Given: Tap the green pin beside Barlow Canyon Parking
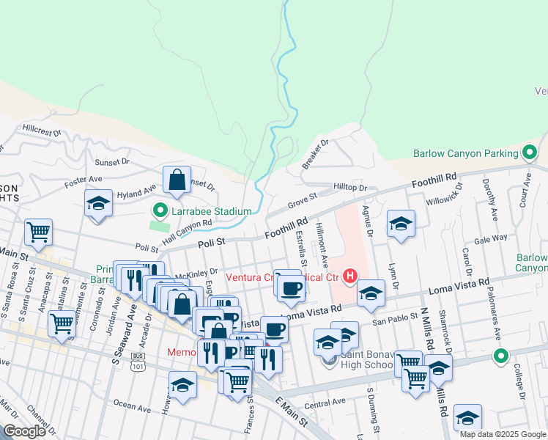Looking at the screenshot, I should [530, 154].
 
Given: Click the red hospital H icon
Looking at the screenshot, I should [350, 276].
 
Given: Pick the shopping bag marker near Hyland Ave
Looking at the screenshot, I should [177, 180].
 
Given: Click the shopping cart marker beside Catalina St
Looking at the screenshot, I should [63, 323].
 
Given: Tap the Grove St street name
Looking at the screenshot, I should [301, 197].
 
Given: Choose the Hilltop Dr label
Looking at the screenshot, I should [349, 188].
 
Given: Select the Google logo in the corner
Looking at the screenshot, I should [23, 431].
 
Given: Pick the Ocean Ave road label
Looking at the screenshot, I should [134, 405].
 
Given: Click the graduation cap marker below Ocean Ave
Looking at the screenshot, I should [182, 384].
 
